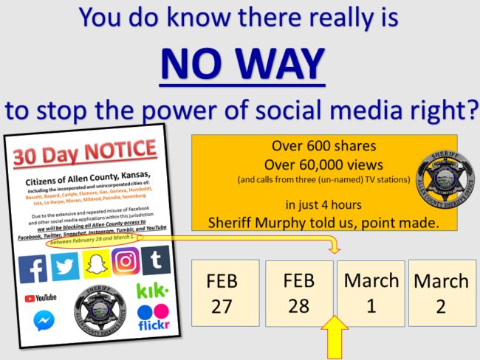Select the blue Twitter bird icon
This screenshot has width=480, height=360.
[x=66, y=266]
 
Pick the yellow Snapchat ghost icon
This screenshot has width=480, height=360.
[x=96, y=263]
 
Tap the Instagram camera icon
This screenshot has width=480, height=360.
[x=126, y=260]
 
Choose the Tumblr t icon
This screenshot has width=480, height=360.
[x=156, y=260]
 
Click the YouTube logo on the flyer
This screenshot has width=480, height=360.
[x=41, y=298]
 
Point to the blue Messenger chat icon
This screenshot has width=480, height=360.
[x=44, y=321]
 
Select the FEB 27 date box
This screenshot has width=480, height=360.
[x=222, y=294]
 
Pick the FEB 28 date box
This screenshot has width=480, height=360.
[x=298, y=294]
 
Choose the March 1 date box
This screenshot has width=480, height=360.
[x=371, y=294]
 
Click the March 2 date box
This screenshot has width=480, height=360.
[x=440, y=294]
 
